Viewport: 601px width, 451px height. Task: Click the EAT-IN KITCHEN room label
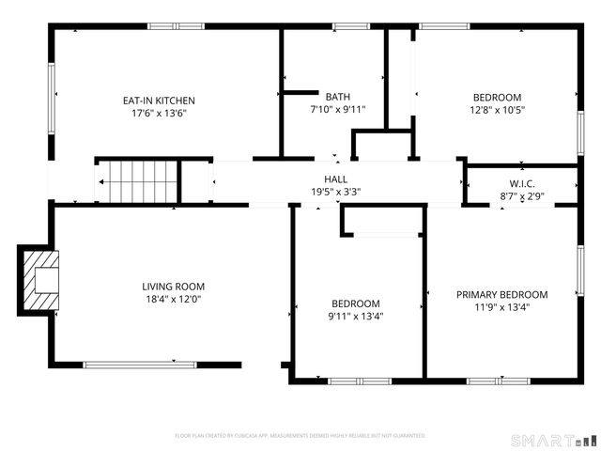point(159,101)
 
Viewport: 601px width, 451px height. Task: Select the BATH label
point(337,97)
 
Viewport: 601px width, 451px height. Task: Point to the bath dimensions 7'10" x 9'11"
point(337,110)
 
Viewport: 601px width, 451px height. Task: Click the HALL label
point(335,179)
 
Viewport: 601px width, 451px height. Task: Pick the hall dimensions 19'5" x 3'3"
point(335,192)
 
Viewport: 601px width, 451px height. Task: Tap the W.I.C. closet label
point(522,183)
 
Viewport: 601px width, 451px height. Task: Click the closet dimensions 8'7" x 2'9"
point(522,196)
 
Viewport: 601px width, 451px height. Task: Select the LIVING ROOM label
point(173,287)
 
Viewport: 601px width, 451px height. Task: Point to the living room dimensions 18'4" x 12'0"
point(173,301)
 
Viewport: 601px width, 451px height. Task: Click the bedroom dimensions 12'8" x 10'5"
point(497,110)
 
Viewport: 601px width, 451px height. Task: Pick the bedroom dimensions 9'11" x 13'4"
point(356,317)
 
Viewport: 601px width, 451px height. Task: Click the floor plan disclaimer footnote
point(300,436)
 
